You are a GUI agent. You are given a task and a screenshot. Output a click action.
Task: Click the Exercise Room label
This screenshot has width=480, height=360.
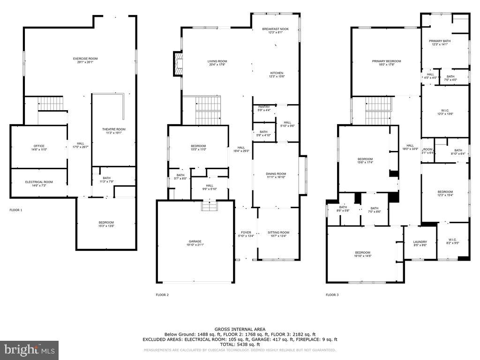[85, 59]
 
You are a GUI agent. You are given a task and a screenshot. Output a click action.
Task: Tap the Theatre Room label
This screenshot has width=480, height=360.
[114, 129]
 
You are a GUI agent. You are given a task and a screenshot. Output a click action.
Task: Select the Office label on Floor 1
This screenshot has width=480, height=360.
[39, 146]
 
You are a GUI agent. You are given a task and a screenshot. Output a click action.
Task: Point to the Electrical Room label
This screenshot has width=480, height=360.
[39, 182]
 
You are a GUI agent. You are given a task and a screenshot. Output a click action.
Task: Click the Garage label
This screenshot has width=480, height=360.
[195, 241]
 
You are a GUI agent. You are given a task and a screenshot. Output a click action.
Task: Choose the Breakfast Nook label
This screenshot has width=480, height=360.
[275, 29]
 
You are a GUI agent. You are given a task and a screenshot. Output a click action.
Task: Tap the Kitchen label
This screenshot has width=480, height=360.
[277, 73]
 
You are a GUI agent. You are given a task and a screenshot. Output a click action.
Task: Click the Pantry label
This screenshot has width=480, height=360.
[264, 107]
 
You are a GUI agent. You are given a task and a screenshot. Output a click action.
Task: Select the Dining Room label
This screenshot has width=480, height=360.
[276, 174]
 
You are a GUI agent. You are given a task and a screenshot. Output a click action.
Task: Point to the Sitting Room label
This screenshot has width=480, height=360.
[278, 232]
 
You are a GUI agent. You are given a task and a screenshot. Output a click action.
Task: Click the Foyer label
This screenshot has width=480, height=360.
[246, 232]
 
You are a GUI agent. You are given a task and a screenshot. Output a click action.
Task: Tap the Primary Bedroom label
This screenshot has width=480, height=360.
[386, 61]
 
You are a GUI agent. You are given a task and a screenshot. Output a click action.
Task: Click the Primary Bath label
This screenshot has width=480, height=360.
[440, 41]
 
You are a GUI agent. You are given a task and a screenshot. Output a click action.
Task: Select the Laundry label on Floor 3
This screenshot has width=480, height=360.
[420, 242]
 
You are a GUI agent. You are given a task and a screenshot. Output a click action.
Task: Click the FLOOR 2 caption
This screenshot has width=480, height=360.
[162, 295]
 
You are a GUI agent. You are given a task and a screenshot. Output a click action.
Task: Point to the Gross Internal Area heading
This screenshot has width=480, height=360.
[240, 329]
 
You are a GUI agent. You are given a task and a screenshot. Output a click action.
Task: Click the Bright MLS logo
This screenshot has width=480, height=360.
[29, 350]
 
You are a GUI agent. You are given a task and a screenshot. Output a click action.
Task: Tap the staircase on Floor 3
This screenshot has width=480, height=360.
[378, 111]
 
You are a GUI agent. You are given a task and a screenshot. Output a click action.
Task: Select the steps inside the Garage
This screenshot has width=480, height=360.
[208, 205]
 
